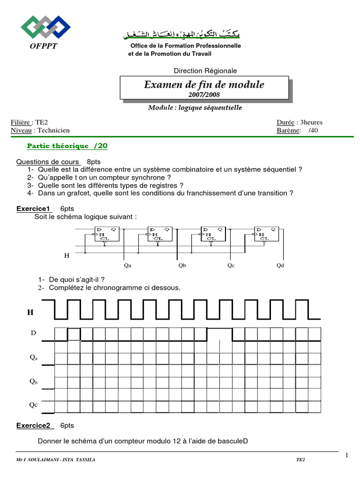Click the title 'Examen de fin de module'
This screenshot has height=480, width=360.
[204, 84]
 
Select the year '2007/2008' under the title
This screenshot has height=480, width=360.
[204, 95]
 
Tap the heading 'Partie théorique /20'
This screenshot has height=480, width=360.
[67, 146]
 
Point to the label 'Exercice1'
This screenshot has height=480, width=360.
[33, 208]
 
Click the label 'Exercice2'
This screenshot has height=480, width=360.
[33, 425]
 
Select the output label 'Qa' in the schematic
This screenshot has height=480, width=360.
[127, 265]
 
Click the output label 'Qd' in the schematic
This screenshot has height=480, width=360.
[280, 265]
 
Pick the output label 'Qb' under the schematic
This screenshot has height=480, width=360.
[182, 265]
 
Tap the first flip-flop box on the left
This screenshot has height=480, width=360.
[107, 234]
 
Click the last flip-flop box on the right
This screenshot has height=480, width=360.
[266, 234]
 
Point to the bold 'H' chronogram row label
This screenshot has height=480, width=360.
[30, 312]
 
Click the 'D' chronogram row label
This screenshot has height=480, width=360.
[33, 333]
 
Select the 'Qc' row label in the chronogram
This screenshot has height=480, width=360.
[33, 405]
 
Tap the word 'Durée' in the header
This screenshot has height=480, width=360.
[285, 122]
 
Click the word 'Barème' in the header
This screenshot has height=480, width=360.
[288, 130]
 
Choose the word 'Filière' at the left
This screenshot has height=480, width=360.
[22, 122]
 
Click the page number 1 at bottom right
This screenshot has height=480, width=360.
[347, 455]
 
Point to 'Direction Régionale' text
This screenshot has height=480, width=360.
[205, 71]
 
